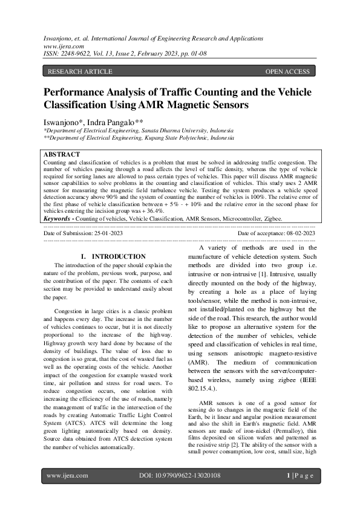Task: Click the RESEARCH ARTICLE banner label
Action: (x=79, y=72)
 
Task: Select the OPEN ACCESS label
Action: (x=287, y=72)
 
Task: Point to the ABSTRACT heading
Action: (x=62, y=155)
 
